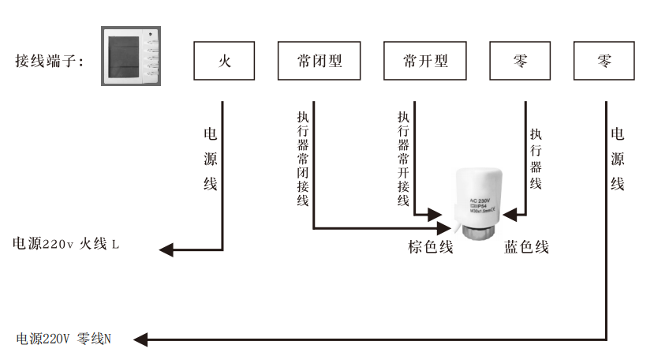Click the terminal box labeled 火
[224, 61]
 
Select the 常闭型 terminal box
[319, 61]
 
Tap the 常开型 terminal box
[424, 61]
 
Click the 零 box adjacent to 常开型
[520, 61]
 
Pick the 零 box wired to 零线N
[605, 61]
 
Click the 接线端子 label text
[50, 61]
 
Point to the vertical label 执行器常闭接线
[302, 158]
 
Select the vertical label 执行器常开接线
[403, 158]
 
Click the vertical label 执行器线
[536, 158]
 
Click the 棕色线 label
[430, 247]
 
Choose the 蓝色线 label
[526, 247]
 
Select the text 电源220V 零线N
[64, 339]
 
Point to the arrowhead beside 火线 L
[166, 250]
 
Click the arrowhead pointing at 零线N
[140, 340]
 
